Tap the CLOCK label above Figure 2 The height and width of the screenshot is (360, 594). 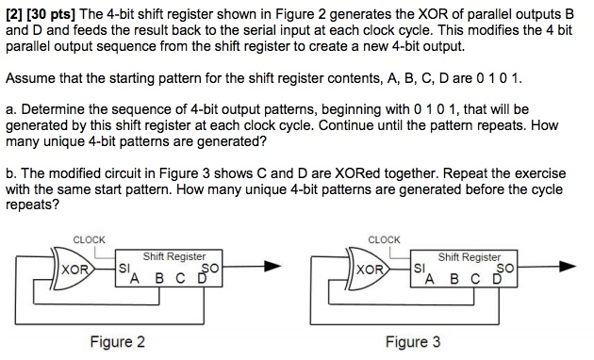point(90,239)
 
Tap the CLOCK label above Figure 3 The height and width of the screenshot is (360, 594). point(386,239)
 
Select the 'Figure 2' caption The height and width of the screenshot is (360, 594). point(117,341)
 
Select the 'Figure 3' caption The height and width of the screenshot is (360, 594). point(412,341)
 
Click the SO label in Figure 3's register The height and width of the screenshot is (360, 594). point(507,269)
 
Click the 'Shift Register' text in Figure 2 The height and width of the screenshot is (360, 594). point(174,256)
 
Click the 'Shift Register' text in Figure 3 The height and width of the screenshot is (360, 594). point(470,256)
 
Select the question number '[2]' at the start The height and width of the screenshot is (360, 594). point(14,10)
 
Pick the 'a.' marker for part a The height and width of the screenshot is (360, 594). point(11,109)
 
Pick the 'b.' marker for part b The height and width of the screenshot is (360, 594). point(11,175)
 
